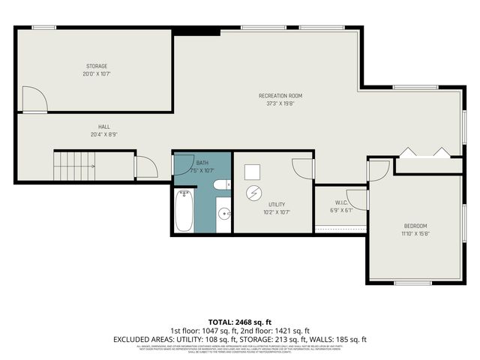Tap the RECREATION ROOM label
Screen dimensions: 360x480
[280, 95]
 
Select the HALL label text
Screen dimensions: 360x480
[103, 127]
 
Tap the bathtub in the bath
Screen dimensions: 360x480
[184, 211]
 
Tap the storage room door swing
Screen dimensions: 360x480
[34, 99]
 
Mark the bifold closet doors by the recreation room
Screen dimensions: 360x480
[424, 152]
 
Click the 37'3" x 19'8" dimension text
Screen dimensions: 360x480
[280, 104]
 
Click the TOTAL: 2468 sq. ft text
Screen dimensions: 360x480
[239, 321]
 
